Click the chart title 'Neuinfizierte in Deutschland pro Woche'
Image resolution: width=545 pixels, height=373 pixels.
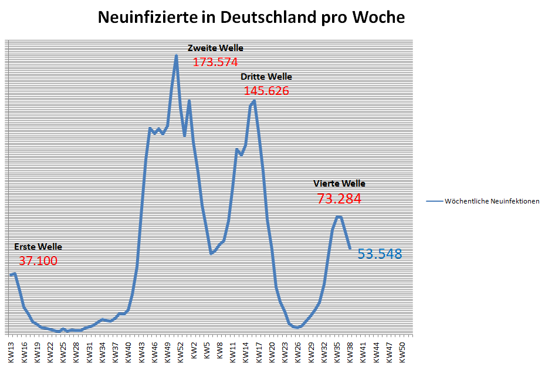[251, 18]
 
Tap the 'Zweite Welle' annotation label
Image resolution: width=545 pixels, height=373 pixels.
[215, 48]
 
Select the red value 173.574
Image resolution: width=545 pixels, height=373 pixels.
[215, 62]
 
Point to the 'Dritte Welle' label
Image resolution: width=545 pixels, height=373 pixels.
[266, 77]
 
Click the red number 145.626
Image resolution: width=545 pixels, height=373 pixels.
[266, 91]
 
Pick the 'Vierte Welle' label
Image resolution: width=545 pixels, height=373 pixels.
[339, 184]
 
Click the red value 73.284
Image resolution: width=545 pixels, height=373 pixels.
[339, 199]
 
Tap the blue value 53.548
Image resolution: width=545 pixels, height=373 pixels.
[380, 254]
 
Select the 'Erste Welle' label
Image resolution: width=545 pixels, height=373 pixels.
[38, 247]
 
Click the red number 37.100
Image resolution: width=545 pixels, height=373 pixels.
[38, 261]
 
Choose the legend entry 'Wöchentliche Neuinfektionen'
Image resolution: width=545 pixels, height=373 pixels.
[492, 201]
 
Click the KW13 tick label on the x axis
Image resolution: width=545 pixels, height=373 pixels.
[11, 350]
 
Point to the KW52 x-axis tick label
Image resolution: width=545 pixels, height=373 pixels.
[181, 350]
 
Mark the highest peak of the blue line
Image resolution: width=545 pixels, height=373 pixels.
[176, 56]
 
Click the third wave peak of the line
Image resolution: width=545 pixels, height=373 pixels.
[254, 100]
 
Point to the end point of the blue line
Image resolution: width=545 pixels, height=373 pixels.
[350, 248]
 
